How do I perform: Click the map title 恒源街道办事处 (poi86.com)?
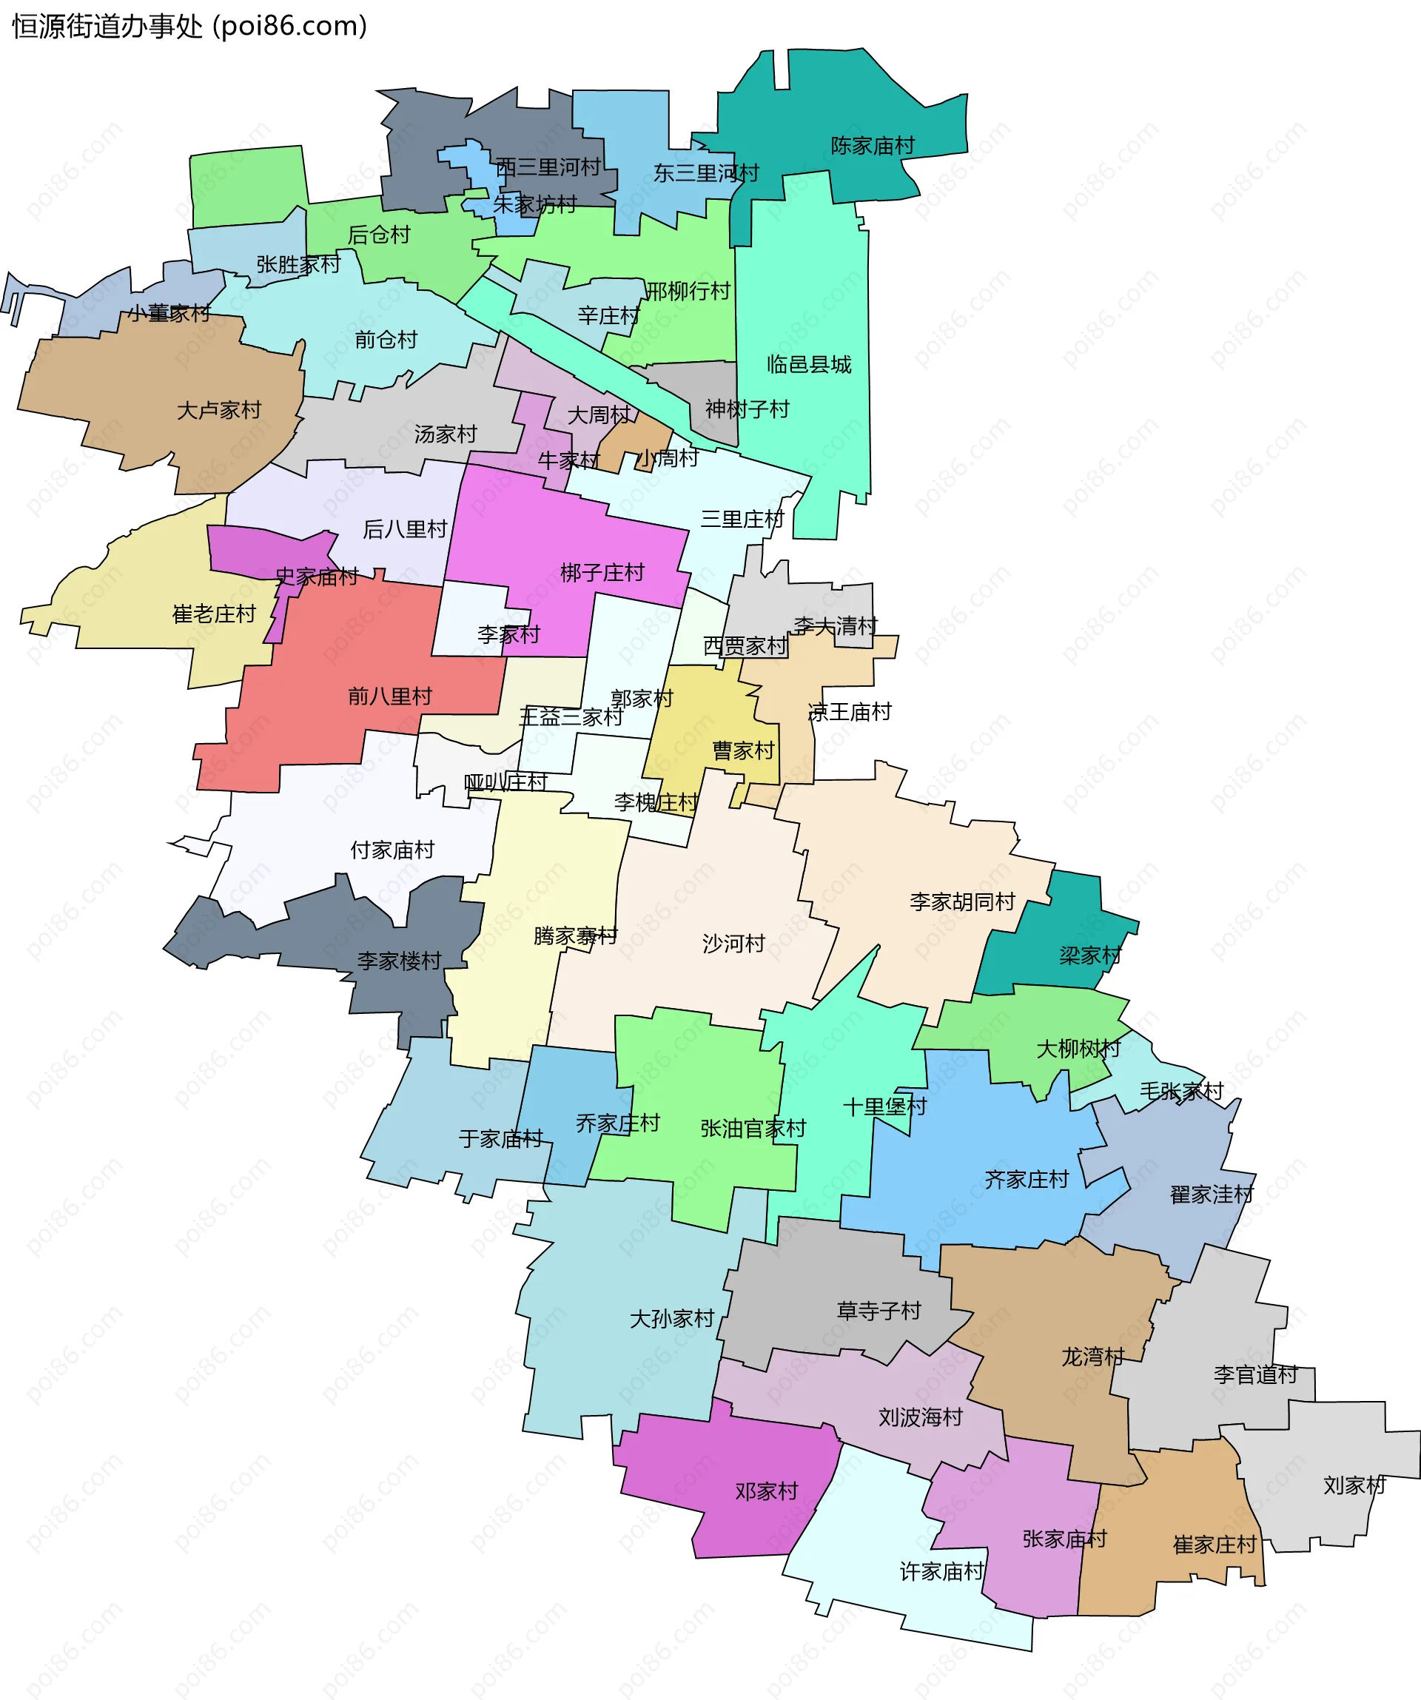pos(189,26)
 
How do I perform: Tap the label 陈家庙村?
pos(872,146)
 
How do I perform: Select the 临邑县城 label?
pos(809,364)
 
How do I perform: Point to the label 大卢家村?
pos(218,411)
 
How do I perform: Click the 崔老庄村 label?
pos(214,614)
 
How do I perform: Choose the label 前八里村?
pos(389,696)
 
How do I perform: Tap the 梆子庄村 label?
pos(602,573)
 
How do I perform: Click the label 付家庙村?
pos(392,850)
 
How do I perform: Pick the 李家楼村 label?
pos(399,961)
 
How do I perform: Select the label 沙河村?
pos(733,943)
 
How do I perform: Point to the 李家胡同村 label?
pos(962,902)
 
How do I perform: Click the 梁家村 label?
pos(1090,956)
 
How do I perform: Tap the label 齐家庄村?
pos(1027,1180)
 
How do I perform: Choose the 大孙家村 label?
pos(672,1319)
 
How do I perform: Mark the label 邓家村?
pos(766,1491)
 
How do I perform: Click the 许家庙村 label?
pos(941,1571)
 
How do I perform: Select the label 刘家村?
pos(1354,1485)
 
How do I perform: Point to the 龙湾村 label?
pos(1092,1357)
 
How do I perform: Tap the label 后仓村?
pos(379,235)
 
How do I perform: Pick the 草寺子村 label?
pos(879,1311)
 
